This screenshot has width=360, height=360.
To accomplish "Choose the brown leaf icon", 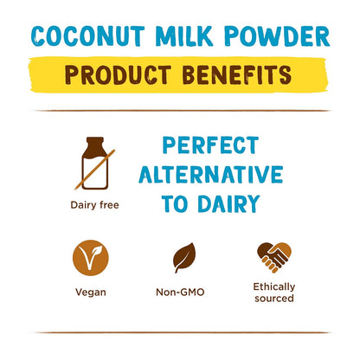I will [185, 257].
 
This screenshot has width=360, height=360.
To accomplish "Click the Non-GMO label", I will [185, 292].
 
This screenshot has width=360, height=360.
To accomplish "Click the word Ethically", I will [273, 286].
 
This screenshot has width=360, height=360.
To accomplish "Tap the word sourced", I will [273, 299].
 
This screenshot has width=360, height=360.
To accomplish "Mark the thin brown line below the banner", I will [180, 110].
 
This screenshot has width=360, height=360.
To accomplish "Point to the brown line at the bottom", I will [180, 332].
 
